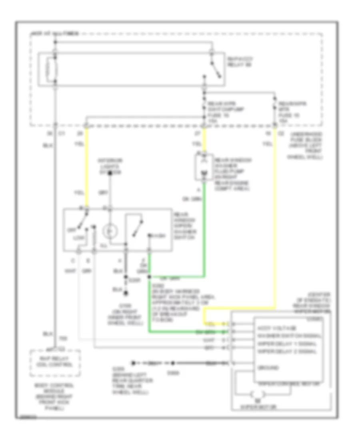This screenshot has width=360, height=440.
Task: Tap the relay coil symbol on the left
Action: [50, 69]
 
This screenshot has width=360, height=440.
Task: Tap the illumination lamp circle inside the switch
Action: [110, 231]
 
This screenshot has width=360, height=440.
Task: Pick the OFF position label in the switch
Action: [72, 230]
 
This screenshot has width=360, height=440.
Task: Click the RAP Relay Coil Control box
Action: [56, 362]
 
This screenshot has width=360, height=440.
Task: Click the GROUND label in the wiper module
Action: [268, 367]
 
